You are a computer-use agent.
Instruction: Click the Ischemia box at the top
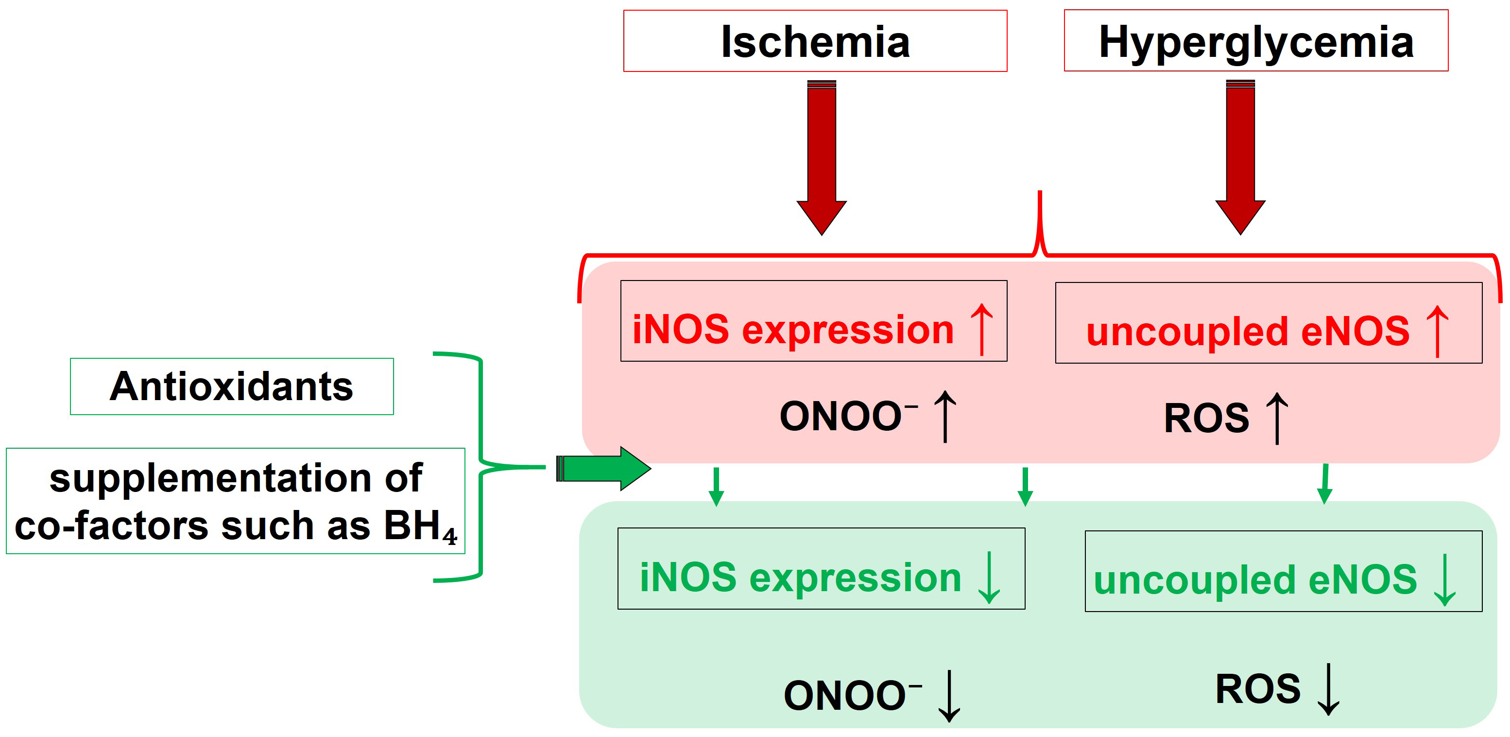[x=815, y=41]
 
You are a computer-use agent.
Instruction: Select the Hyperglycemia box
[x=1255, y=41]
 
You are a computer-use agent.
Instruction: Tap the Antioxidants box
[x=232, y=386]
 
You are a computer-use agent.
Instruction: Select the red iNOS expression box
[x=814, y=321]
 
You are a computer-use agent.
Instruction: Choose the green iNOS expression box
[x=821, y=569]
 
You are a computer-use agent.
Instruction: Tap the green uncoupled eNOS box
[x=1283, y=572]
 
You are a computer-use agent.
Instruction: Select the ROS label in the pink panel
[x=1206, y=419]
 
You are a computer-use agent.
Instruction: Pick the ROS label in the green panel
[x=1258, y=689]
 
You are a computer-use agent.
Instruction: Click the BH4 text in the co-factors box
[x=420, y=526]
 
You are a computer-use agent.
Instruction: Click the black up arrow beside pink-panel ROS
[x=1277, y=419]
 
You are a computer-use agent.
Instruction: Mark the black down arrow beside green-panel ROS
[x=1328, y=689]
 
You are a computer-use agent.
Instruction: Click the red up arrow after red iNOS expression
[x=982, y=329]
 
